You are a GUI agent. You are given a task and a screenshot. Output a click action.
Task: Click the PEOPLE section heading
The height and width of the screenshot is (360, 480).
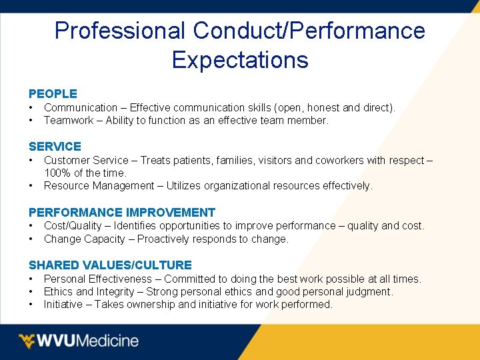pos(53,94)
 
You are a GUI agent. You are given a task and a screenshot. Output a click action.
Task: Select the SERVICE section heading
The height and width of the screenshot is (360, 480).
pos(55,147)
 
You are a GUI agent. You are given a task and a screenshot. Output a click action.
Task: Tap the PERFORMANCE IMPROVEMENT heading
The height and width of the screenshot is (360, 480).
pos(122,213)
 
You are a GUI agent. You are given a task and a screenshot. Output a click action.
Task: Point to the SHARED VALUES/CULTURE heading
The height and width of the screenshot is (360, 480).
pos(110,265)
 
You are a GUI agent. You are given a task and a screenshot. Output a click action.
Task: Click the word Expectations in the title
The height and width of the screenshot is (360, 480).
pos(240,60)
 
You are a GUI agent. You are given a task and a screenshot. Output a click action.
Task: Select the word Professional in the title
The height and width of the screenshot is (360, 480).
pos(120,31)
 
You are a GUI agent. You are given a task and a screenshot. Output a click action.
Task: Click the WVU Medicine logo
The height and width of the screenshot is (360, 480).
pos(79,341)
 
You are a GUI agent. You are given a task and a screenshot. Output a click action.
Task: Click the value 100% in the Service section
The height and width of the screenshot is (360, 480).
pos(57,173)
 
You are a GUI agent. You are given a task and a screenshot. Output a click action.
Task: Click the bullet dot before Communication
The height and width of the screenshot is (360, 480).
pos(31,108)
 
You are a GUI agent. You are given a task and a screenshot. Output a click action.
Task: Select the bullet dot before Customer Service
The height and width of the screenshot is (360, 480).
pos(31,161)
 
